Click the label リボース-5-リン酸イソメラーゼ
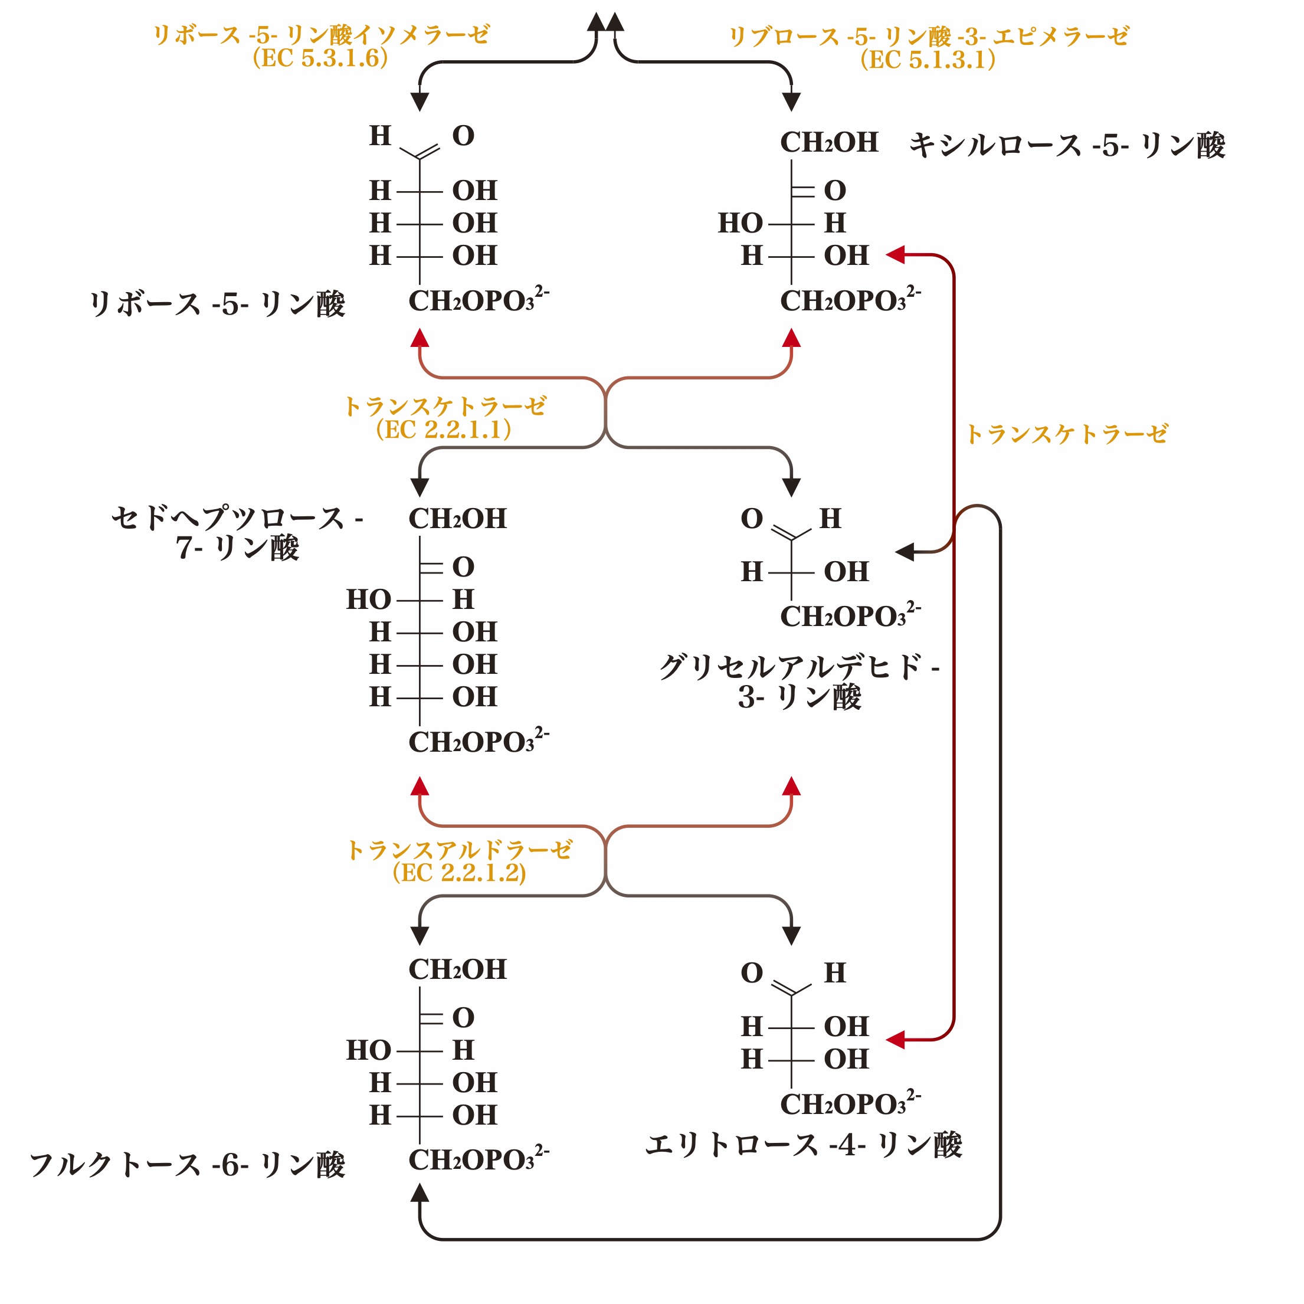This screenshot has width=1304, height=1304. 321,34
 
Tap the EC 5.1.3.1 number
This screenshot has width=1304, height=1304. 928,60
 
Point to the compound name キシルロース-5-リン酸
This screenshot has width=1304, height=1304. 1066,146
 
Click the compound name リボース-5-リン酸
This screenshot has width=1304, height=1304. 217,304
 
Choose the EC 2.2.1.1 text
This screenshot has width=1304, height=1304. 444,430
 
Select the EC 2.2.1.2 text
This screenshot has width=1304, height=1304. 459,873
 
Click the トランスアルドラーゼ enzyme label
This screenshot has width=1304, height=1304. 459,850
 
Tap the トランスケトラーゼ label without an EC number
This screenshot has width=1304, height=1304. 1066,434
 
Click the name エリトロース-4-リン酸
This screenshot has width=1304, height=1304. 803,1145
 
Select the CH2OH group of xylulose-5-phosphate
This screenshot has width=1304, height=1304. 829,142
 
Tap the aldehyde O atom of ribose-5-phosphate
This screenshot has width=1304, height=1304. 463,136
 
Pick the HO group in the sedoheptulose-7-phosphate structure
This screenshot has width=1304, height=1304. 369,599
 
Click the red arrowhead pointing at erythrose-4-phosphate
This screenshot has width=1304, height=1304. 896,1040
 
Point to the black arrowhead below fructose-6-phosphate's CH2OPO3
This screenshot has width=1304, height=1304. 420,1193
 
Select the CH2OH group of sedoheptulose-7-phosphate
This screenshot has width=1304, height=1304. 457,519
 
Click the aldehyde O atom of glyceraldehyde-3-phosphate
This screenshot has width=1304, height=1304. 751,519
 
